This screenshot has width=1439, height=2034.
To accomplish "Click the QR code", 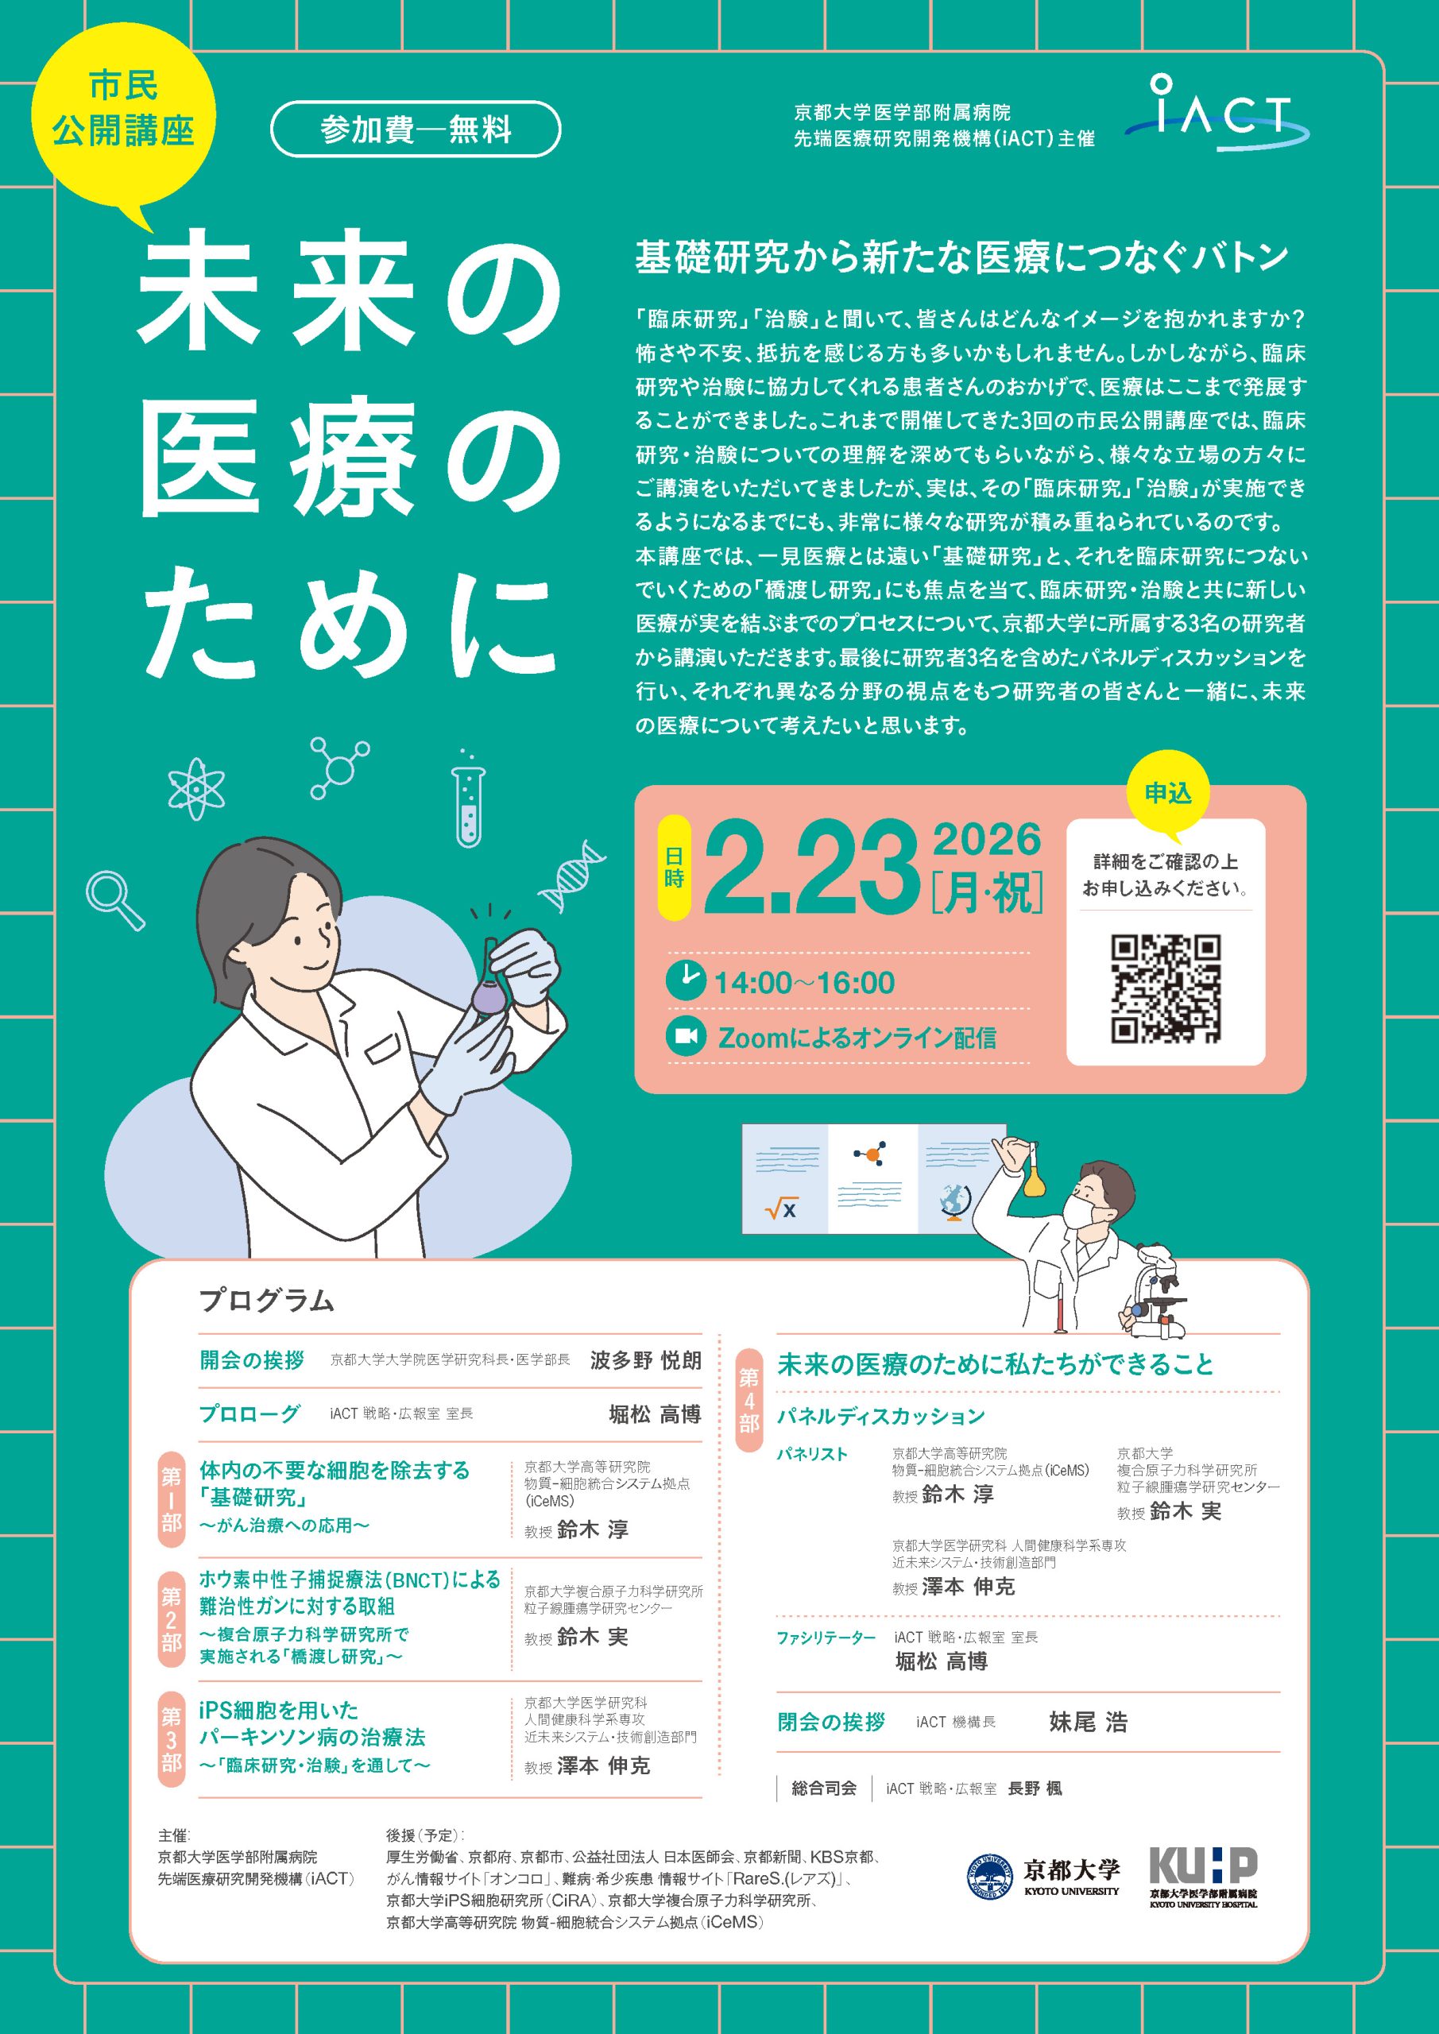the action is pyautogui.click(x=1165, y=988).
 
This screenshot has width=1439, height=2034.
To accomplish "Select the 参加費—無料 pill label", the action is pyautogui.click(x=416, y=130).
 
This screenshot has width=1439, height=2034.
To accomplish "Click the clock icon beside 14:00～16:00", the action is pyautogui.click(x=686, y=980).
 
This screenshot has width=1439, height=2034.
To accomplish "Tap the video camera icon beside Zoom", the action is pyautogui.click(x=686, y=1037).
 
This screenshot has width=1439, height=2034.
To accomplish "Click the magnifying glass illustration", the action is pyautogui.click(x=114, y=900).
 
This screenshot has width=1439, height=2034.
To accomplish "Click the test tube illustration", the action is pyautogui.click(x=467, y=799).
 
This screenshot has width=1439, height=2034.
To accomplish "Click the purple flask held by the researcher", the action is pyautogui.click(x=487, y=989).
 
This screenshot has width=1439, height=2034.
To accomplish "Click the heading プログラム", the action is pyautogui.click(x=267, y=1301).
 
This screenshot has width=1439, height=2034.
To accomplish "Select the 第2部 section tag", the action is pyautogui.click(x=171, y=1618).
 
